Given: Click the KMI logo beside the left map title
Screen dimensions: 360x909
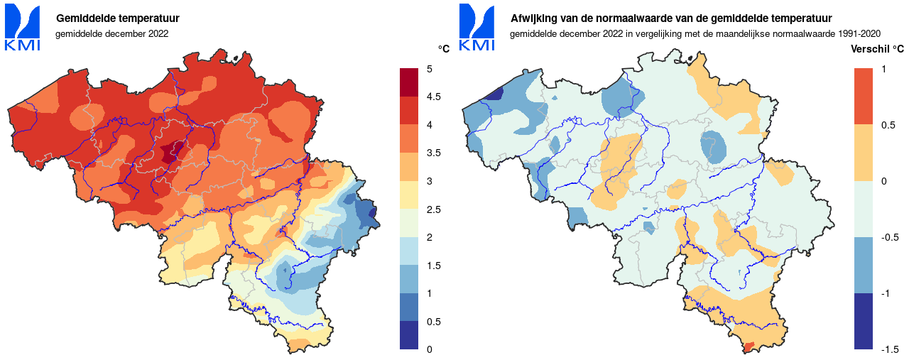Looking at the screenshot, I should tap(23, 28).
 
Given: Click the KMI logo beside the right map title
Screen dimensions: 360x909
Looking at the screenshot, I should tap(477, 28).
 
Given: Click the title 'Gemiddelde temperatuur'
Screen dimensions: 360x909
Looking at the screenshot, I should tap(117, 18).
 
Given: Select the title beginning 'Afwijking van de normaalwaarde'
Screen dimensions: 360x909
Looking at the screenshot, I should tap(671, 18).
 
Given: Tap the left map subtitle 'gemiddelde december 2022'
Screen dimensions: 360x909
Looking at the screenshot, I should tap(111, 33).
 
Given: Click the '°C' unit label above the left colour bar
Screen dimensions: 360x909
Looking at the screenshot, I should tap(443, 49).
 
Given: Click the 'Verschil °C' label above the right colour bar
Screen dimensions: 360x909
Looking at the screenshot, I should tap(877, 49).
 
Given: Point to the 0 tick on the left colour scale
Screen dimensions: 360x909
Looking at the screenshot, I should tap(430, 349).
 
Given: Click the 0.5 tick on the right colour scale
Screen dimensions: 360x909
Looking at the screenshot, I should tap(887, 125).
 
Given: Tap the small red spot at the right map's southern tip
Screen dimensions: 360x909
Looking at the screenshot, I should tap(746, 346).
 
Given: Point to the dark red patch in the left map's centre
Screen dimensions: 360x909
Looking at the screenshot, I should tap(171, 151).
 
